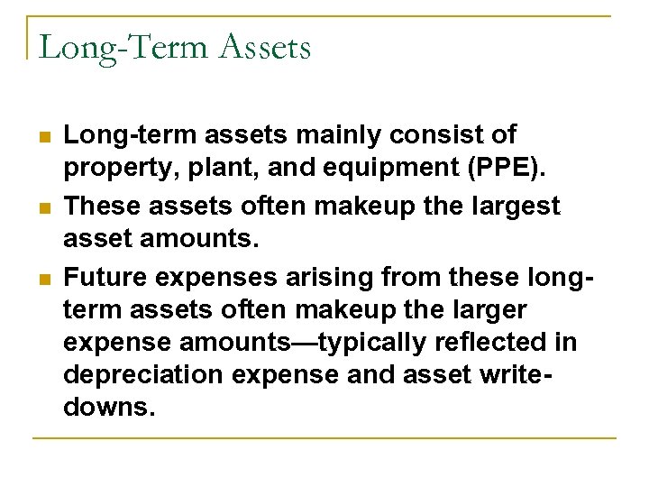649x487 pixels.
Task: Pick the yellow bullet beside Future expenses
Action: [x=44, y=278]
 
